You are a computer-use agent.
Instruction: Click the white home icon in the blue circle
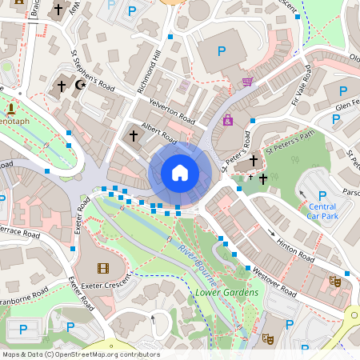point(180,172)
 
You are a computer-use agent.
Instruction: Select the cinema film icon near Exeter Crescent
point(102,268)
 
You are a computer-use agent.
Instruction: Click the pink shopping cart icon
point(247,82)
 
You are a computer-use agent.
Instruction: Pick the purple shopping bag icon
point(228,120)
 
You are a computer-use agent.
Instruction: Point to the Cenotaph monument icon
point(12,108)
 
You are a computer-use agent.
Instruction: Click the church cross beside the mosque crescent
point(62,85)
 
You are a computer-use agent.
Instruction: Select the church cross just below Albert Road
point(134,136)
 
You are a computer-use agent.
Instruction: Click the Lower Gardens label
point(226,293)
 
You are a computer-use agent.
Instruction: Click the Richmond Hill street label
point(150,70)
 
